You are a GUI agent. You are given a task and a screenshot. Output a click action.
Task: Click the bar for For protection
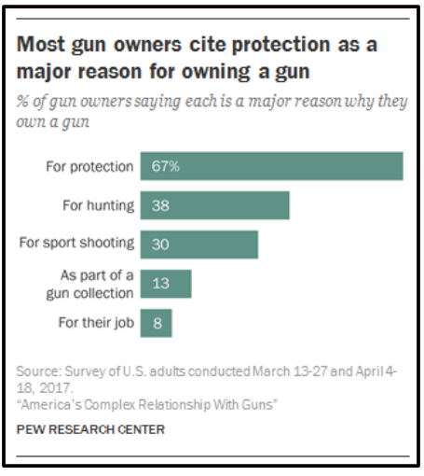coord(271,166)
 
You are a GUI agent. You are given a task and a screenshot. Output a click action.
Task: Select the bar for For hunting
coord(214,205)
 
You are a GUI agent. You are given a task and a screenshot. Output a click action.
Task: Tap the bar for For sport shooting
coord(198,244)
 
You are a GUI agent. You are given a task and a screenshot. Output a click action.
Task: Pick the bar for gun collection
coord(166,284)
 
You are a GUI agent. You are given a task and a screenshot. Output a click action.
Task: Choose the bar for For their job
coord(156,323)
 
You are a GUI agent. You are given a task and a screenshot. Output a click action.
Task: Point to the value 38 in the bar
coord(159,205)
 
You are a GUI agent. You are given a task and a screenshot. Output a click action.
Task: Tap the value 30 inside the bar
coord(159,244)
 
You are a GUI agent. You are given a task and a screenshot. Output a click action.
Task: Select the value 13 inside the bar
coord(159,284)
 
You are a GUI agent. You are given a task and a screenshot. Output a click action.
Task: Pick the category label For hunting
coord(98,205)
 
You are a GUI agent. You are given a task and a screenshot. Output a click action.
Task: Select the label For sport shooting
coord(77,244)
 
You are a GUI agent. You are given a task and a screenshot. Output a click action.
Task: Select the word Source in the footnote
coord(36,372)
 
